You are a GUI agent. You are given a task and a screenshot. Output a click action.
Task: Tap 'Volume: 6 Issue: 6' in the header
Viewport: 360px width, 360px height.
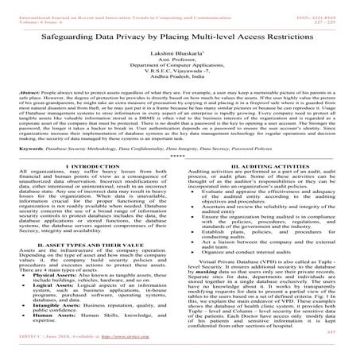click(x=32, y=11)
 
